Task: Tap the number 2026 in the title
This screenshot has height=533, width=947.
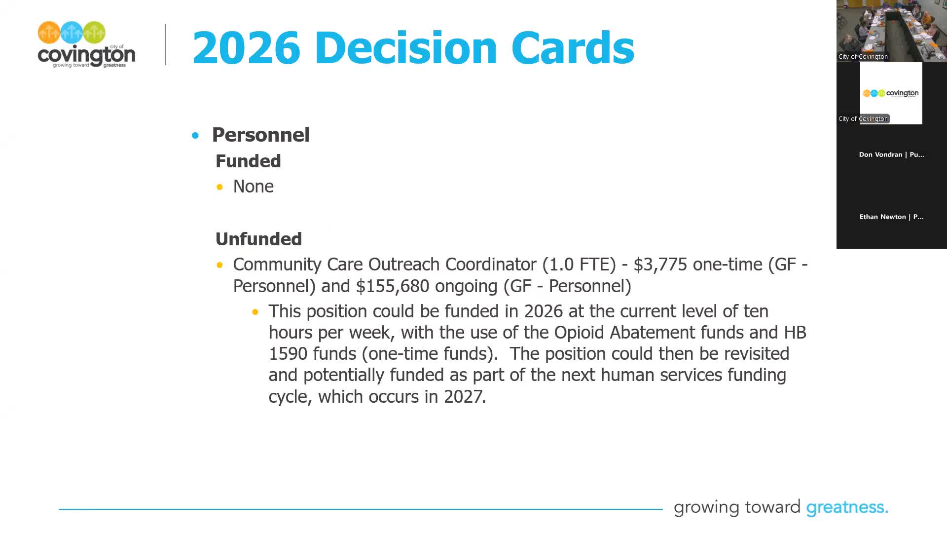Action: click(246, 48)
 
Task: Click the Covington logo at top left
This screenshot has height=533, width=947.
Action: click(86, 44)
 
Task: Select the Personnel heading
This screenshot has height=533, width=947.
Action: click(260, 135)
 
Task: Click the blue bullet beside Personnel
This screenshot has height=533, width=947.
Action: click(195, 135)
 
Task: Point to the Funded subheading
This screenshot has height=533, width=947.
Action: click(248, 161)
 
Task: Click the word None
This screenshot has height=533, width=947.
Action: click(253, 187)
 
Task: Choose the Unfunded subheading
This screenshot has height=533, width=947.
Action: click(258, 239)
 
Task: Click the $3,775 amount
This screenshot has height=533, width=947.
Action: click(660, 265)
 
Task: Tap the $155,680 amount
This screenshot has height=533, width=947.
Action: click(392, 286)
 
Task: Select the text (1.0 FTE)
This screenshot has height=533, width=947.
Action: click(579, 265)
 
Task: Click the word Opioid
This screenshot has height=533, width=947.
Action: click(579, 333)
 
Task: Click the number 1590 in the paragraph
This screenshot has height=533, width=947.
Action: click(288, 354)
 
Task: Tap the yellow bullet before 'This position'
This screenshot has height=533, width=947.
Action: click(255, 312)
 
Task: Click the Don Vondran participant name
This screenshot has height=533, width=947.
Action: click(891, 154)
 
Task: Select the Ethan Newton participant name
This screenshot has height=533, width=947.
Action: click(891, 217)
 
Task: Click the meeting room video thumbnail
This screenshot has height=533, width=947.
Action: click(891, 31)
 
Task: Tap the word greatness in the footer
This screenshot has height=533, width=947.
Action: click(846, 507)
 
